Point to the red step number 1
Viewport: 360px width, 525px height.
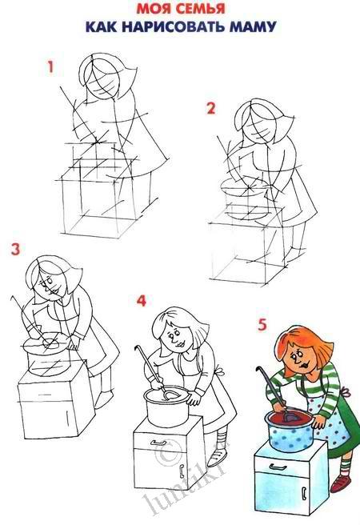click(51, 67)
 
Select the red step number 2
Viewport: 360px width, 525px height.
click(210, 109)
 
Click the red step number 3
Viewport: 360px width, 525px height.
click(15, 250)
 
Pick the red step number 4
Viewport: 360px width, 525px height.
click(142, 300)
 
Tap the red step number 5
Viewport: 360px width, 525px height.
click(262, 325)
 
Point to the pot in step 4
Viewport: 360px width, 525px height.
click(166, 406)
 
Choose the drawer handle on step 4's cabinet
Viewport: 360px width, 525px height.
click(158, 443)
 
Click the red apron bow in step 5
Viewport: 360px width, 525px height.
click(346, 391)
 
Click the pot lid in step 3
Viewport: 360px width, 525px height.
click(45, 343)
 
